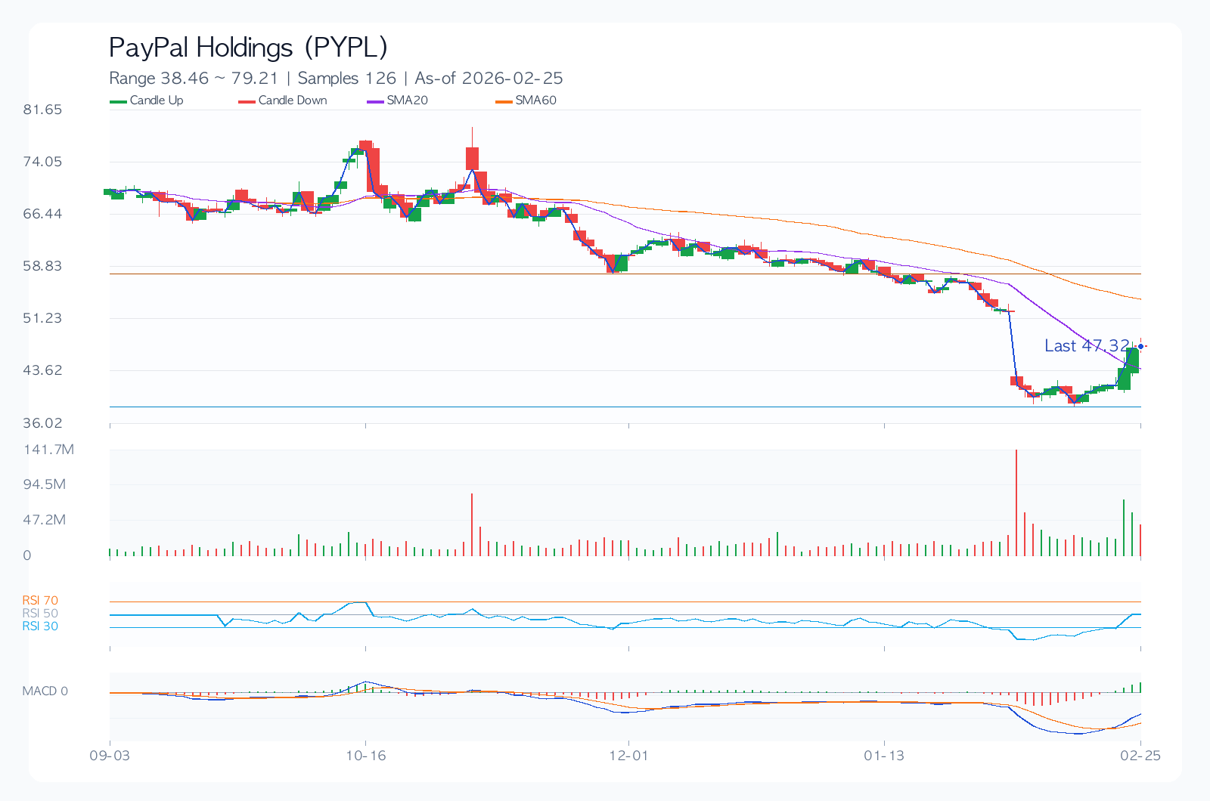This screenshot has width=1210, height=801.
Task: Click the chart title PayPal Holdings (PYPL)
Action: (248, 48)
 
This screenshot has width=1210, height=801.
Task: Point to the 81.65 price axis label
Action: (42, 110)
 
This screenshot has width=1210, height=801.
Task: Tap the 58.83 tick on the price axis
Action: (42, 266)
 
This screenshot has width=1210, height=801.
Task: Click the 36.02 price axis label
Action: (42, 422)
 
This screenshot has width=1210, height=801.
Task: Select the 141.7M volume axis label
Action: (48, 450)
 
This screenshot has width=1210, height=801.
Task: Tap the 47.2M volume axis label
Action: (45, 520)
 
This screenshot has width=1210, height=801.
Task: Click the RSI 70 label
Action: (40, 601)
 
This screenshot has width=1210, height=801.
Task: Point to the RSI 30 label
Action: (40, 626)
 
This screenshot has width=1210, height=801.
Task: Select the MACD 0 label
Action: (45, 691)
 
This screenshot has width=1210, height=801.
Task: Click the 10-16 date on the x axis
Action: (366, 756)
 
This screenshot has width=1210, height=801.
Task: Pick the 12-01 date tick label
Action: (628, 756)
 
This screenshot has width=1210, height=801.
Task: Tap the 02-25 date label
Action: (1140, 756)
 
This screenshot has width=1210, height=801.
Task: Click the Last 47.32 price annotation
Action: (1086, 346)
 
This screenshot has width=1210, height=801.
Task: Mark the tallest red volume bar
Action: (1016, 503)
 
